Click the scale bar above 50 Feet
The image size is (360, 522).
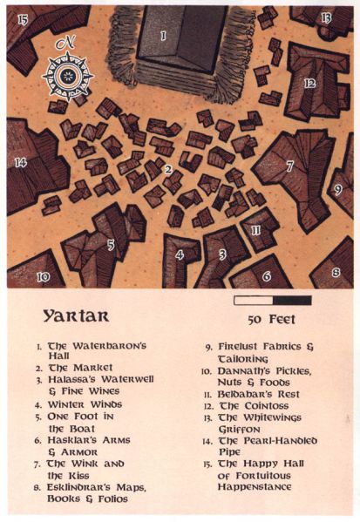pyautogui.click(x=272, y=301)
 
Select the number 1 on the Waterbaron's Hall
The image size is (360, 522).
pyautogui.click(x=163, y=36)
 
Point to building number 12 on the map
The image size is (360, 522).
pyautogui.click(x=309, y=84)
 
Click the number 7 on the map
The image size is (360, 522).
pyautogui.click(x=289, y=165)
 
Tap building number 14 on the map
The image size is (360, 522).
pyautogui.click(x=21, y=161)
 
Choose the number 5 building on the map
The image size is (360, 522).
pyautogui.click(x=111, y=245)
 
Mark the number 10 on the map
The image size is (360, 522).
pyautogui.click(x=43, y=277)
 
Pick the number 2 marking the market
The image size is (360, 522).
pyautogui.click(x=166, y=169)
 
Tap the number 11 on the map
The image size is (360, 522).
pyautogui.click(x=256, y=230)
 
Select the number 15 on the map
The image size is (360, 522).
pyautogui.click(x=22, y=17)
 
